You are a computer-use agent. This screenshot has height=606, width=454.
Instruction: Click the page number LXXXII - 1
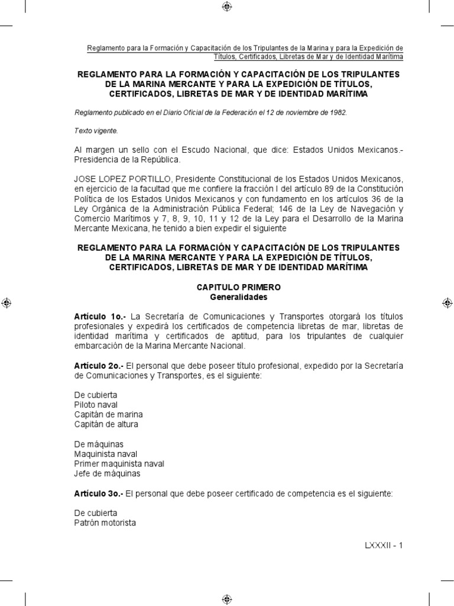(x=383, y=545)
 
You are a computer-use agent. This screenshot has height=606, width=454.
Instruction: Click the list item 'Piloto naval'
(x=96, y=404)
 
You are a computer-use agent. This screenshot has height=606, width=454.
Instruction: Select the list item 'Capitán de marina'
(x=108, y=414)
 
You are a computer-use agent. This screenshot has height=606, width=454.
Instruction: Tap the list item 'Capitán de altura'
(x=106, y=424)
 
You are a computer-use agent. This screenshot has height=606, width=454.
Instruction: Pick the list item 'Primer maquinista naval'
(x=119, y=463)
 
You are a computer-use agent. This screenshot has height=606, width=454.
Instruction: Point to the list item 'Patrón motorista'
(x=105, y=523)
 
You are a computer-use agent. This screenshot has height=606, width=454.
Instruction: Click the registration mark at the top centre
(x=227, y=7)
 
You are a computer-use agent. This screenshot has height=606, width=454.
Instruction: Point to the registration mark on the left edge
(x=7, y=302)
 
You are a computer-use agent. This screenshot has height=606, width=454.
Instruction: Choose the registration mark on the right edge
(x=447, y=302)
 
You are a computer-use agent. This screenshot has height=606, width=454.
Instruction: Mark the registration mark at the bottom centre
(x=227, y=598)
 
